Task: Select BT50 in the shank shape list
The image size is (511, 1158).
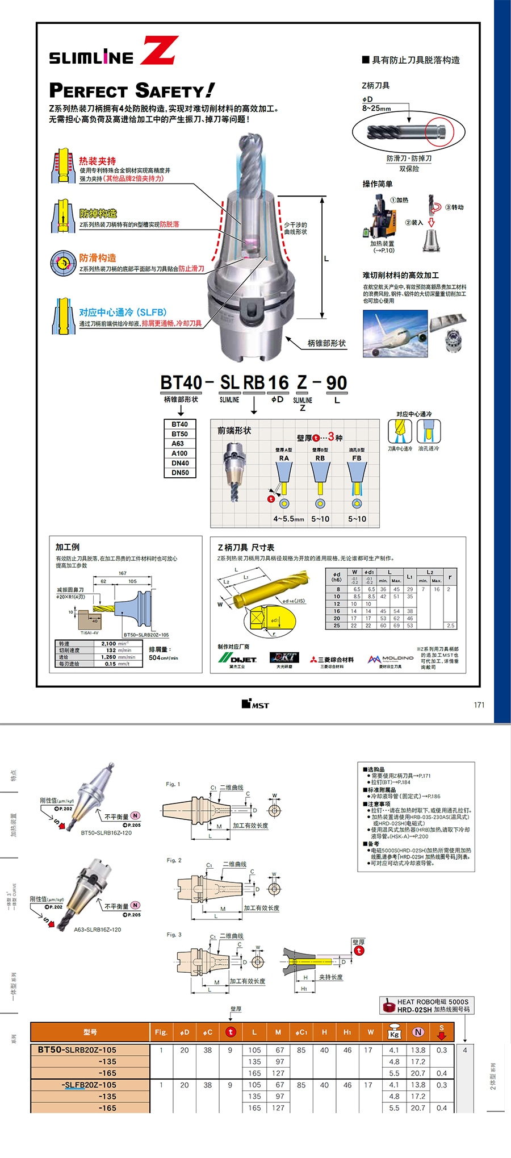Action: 180,434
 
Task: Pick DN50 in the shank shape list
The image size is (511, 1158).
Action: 180,472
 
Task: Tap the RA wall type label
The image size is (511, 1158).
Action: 284,458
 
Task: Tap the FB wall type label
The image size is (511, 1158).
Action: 357,458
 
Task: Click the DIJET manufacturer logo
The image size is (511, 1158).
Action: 238,659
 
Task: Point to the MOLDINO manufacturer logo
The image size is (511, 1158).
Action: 391,659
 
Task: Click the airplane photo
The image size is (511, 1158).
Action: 395,334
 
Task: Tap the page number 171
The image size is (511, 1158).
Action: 479,705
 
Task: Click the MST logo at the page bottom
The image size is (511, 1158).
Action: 255,705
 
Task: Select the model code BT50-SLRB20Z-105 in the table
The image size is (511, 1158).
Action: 77,1050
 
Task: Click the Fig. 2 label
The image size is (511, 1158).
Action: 174,860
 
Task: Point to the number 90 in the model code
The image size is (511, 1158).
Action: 337,383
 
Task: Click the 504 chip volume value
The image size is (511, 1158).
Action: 154,657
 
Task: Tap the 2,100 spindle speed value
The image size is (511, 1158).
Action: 108,644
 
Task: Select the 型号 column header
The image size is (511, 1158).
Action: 90,1032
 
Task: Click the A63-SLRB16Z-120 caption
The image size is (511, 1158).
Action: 98,930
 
